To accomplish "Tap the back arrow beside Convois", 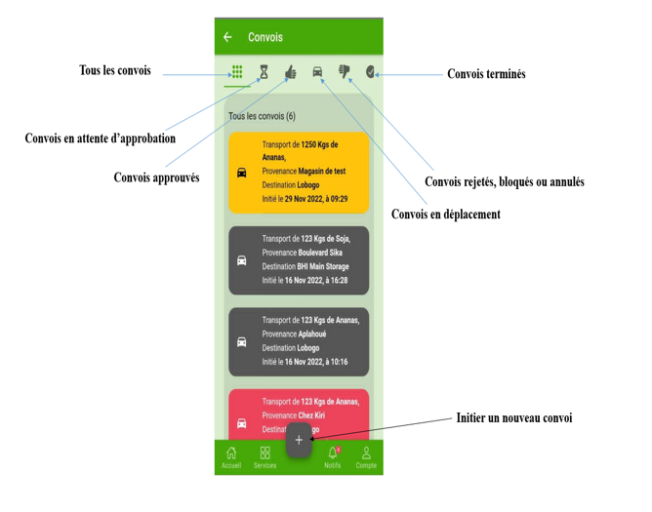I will point(227,38).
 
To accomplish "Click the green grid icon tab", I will point(237,72).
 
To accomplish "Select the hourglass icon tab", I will point(264,72).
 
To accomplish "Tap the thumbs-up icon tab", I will point(290,72).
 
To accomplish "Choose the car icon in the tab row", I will point(317,72).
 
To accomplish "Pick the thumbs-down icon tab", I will point(344,71).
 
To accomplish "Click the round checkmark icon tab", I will point(370,71).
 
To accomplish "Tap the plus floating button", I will point(299,440).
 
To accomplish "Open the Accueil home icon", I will point(231,453).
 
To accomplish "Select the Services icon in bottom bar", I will point(265,453).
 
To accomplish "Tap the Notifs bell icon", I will point(332,453).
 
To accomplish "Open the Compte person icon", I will point(366,453).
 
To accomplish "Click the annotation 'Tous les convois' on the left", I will point(115,70).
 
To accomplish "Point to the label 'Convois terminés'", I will point(486,74).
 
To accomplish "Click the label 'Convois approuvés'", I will point(156,177).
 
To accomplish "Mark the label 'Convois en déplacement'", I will point(445,215).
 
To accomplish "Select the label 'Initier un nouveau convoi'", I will point(513,418).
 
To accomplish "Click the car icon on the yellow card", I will point(242,173).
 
